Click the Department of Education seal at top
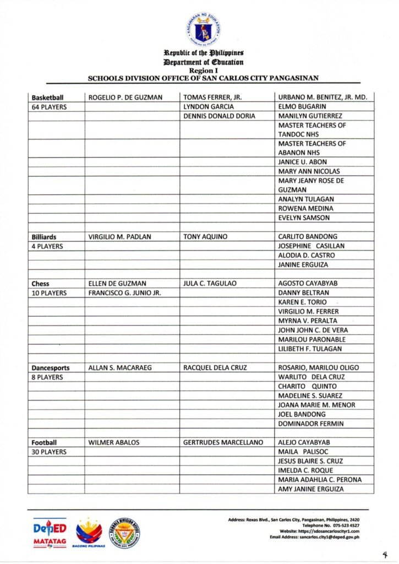(204, 28)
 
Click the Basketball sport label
(48, 97)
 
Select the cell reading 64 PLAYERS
(49, 107)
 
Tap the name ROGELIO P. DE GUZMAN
(125, 97)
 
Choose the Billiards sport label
(44, 236)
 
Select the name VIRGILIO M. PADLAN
(119, 236)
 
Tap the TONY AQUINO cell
(205, 236)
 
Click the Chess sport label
(41, 284)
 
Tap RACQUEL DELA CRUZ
(215, 367)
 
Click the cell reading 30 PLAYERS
(49, 452)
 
